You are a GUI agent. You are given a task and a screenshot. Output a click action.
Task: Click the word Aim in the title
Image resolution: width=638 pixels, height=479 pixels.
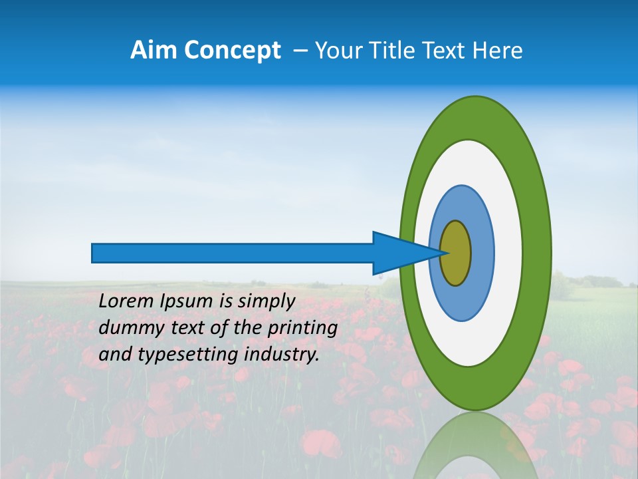click(154, 51)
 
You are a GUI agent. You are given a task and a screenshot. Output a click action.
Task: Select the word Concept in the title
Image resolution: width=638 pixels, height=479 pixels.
click(232, 51)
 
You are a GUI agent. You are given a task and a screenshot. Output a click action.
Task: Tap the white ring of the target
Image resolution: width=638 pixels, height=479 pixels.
click(508, 253)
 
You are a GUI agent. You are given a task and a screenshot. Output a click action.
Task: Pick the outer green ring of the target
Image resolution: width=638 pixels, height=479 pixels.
click(537, 253)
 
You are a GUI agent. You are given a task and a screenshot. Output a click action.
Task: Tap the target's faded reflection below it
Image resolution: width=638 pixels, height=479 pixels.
click(475, 446)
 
